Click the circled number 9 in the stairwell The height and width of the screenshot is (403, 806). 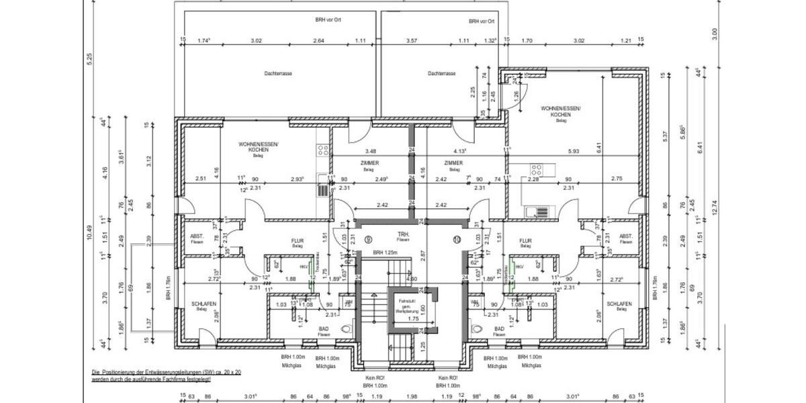[368, 239]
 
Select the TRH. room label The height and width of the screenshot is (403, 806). [403, 234]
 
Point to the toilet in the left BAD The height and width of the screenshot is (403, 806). [345, 329]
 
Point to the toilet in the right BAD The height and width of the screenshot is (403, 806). [478, 329]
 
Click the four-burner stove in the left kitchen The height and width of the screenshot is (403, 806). [323, 151]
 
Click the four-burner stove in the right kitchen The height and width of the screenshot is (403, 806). [537, 169]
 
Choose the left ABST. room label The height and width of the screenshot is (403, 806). [196, 237]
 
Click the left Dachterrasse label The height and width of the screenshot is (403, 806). [277, 74]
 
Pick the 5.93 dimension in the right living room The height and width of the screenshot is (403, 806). [572, 151]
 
